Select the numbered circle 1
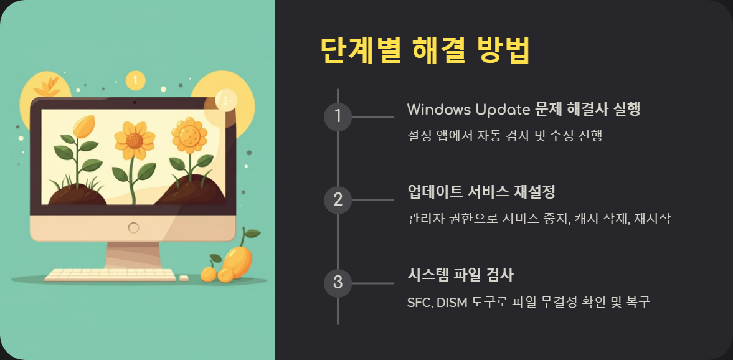[x=338, y=116]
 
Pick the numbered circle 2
[x=338, y=200]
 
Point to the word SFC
[x=419, y=303]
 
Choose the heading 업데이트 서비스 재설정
[x=481, y=192]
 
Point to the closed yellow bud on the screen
[x=83, y=127]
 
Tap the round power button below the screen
[x=133, y=228]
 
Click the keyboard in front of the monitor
[x=110, y=274]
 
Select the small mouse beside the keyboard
[x=184, y=278]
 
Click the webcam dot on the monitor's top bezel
[x=133, y=102]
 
